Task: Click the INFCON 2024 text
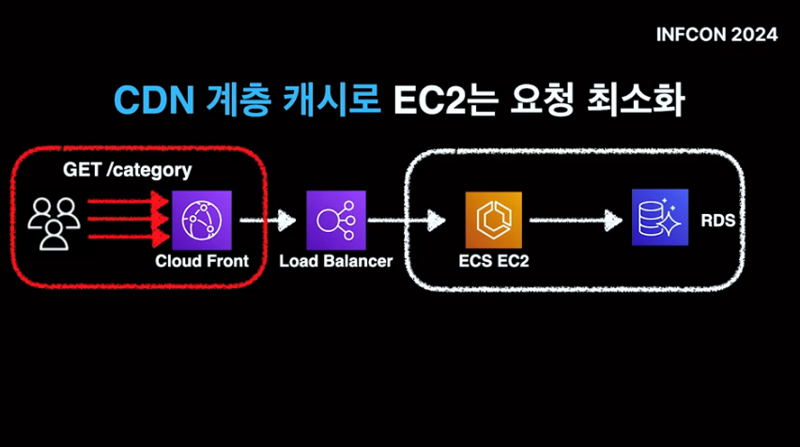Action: tap(717, 35)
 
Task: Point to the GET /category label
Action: tap(127, 170)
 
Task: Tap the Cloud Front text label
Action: tap(202, 261)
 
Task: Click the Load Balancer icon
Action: tap(335, 220)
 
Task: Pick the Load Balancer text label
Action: tap(335, 261)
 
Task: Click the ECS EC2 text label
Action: tap(494, 261)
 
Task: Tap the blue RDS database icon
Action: tap(659, 218)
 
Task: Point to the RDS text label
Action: tap(718, 222)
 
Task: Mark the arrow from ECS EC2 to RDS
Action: tap(575, 221)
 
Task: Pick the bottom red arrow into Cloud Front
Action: tap(127, 239)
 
